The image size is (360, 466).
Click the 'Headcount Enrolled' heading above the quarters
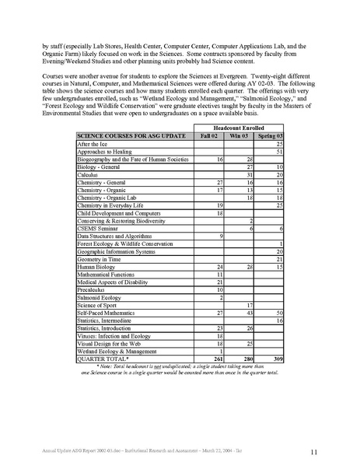[x=239, y=126]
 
